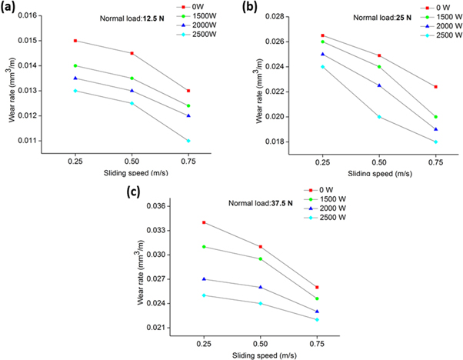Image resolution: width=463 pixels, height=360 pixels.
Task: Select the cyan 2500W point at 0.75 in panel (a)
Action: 188,141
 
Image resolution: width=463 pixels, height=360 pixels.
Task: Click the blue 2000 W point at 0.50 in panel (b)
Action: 379,85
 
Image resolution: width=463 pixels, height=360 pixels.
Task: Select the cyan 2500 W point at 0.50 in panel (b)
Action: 379,117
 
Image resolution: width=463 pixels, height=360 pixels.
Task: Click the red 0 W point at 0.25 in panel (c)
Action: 203,222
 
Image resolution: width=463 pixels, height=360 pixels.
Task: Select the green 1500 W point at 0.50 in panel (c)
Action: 260,259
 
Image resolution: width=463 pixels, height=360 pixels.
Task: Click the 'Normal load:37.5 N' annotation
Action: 261,203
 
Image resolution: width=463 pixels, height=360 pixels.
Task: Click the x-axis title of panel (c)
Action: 260,355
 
